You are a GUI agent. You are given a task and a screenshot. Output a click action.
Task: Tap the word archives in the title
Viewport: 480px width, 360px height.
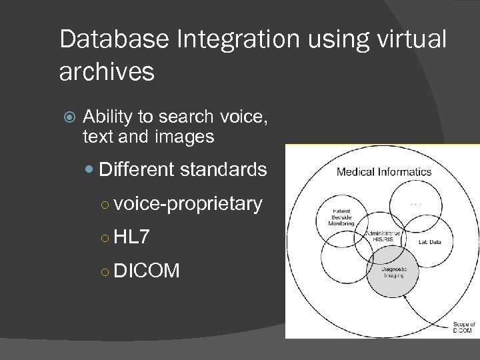tap(107, 72)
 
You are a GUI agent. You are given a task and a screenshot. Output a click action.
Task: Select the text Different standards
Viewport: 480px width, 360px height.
tap(183, 169)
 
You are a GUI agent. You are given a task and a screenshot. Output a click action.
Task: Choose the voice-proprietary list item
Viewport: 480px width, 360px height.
tap(188, 203)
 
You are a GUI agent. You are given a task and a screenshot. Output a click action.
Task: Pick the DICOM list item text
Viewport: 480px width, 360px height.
tap(147, 270)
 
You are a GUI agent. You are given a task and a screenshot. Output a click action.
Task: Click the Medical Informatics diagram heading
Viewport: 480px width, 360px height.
tap(384, 172)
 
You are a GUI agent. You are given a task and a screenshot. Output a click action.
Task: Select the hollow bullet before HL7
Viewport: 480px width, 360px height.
tap(105, 237)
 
